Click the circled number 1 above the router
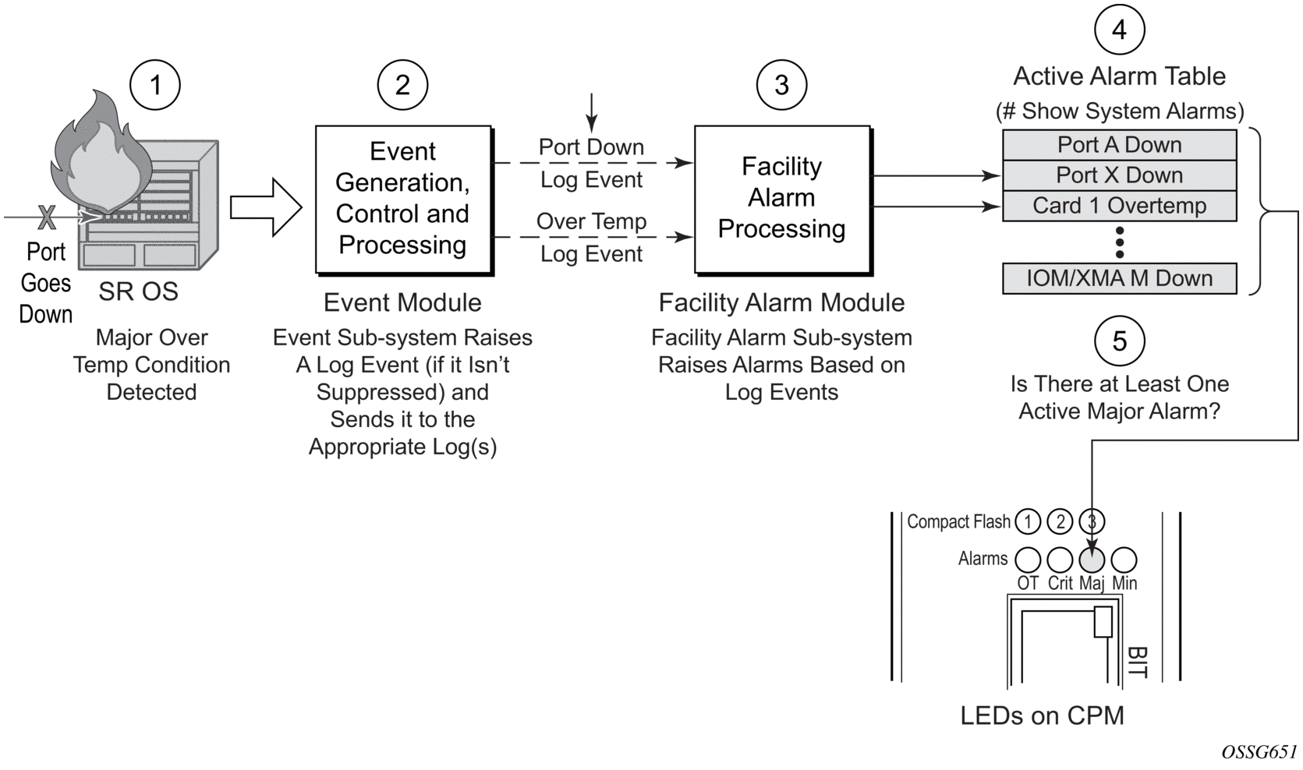(x=155, y=85)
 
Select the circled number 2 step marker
(x=402, y=85)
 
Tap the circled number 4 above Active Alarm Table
(x=1119, y=30)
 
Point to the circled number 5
(x=1119, y=341)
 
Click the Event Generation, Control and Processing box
(x=403, y=199)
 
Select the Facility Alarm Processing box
(x=782, y=199)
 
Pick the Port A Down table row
(x=1119, y=145)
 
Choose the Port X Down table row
(x=1119, y=175)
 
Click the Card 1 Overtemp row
(x=1119, y=206)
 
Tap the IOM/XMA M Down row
(x=1119, y=278)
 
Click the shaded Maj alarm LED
(x=1092, y=559)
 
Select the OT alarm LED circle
(x=1028, y=559)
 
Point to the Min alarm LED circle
(x=1124, y=559)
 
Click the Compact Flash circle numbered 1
(x=1028, y=521)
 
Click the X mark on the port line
(x=47, y=217)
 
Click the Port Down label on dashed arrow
(x=591, y=147)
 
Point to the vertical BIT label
(x=1137, y=662)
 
